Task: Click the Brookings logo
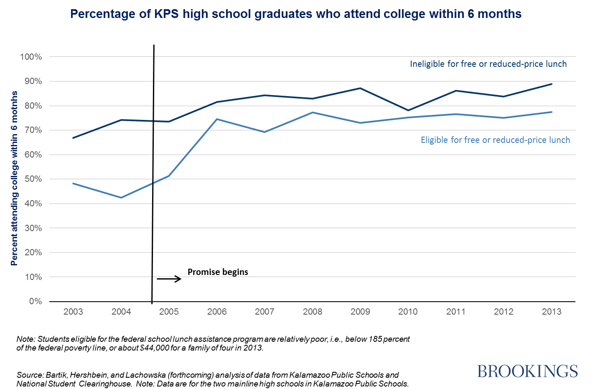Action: pyautogui.click(x=527, y=371)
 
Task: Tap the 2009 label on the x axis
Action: pyautogui.click(x=360, y=312)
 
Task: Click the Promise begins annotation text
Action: pyautogui.click(x=218, y=272)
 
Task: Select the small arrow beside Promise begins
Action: pyautogui.click(x=169, y=279)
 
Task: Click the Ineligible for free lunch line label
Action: pyautogui.click(x=488, y=64)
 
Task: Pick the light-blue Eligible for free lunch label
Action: pyautogui.click(x=495, y=140)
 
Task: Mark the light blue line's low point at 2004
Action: pyautogui.click(x=121, y=198)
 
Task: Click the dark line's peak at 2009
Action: pyautogui.click(x=360, y=88)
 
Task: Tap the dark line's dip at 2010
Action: pyautogui.click(x=408, y=110)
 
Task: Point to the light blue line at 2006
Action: pyautogui.click(x=217, y=119)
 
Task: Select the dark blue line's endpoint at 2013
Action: pyautogui.click(x=552, y=84)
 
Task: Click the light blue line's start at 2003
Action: pyautogui.click(x=73, y=183)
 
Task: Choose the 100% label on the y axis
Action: pyautogui.click(x=31, y=57)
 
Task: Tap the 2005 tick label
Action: pyautogui.click(x=169, y=312)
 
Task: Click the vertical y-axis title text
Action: pyautogui.click(x=15, y=178)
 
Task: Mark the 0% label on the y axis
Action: pyautogui.click(x=36, y=301)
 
